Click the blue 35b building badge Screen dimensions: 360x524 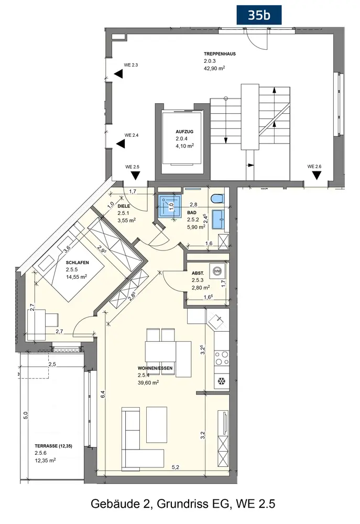pos(259,15)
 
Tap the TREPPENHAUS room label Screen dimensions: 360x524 pos(220,54)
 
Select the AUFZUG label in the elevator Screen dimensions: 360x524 pos(184,132)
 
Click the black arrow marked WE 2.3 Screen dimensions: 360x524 pos(118,74)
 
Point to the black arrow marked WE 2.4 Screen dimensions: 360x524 pos(121,144)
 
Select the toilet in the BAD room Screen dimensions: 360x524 pos(217,199)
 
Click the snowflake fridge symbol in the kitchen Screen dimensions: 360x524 pos(221,381)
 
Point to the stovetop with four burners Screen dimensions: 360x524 pos(221,358)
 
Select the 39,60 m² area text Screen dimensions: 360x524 pos(148,383)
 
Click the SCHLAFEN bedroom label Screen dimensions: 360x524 pos(77,263)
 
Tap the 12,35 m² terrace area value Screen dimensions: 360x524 pos(45,461)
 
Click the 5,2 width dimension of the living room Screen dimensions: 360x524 pos(176,467)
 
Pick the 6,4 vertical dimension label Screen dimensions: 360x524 pos(103,395)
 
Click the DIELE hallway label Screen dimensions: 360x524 pos(124,206)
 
